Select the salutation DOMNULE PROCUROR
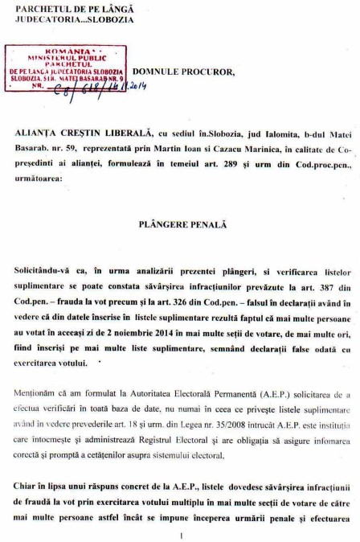(184, 72)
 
